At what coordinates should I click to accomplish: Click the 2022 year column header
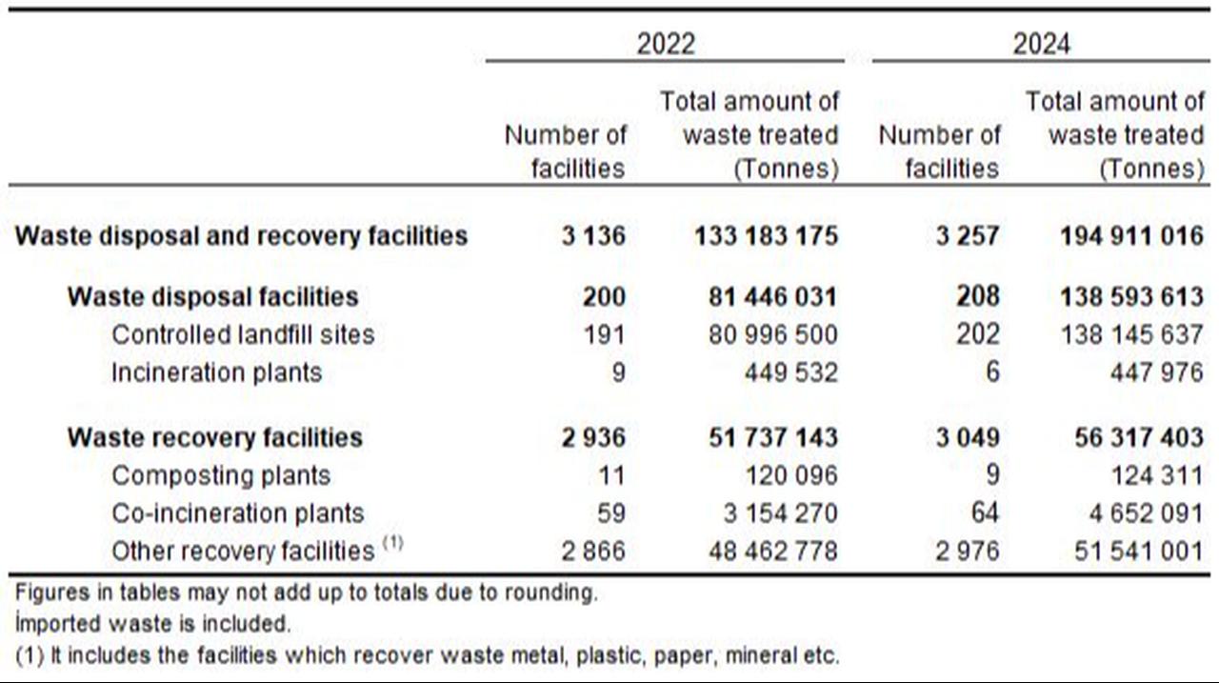666,44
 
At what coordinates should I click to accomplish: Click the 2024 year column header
1041,44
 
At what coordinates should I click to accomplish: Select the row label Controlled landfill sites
243,334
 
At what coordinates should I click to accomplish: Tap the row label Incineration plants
216,372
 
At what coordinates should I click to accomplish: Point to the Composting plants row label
221,475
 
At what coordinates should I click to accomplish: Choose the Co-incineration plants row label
237,513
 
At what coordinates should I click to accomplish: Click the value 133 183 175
767,235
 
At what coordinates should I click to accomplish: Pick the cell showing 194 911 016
1132,235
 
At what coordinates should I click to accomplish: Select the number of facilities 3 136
593,235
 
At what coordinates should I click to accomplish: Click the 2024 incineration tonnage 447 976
1156,372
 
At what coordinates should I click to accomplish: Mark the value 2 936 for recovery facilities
593,437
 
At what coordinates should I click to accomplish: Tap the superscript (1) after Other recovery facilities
393,544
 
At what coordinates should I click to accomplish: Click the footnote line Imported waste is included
152,624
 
